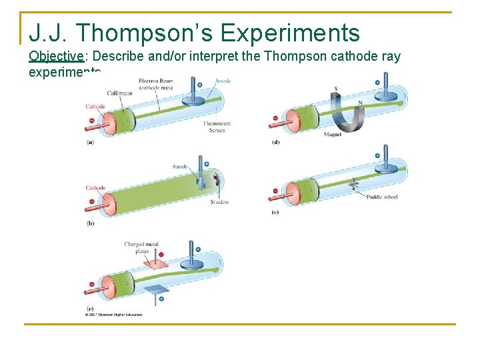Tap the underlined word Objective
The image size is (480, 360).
(56, 56)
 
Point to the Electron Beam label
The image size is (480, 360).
(155, 84)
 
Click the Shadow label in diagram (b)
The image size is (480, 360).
(219, 202)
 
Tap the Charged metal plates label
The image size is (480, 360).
(137, 248)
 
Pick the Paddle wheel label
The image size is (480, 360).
(383, 197)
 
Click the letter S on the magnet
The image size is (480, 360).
(335, 89)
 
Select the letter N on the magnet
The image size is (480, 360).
(360, 102)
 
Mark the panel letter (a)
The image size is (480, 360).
(91, 141)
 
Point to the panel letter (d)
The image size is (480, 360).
(276, 141)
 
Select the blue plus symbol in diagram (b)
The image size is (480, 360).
(206, 164)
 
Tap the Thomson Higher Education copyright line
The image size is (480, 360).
(114, 315)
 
